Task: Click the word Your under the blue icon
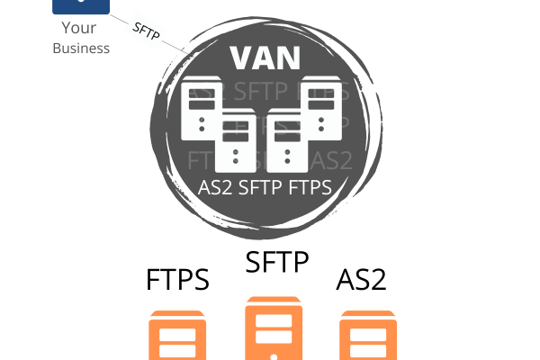tap(81, 28)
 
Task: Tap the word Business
tap(81, 47)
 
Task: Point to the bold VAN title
tap(265, 58)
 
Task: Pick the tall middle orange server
tap(270, 330)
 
